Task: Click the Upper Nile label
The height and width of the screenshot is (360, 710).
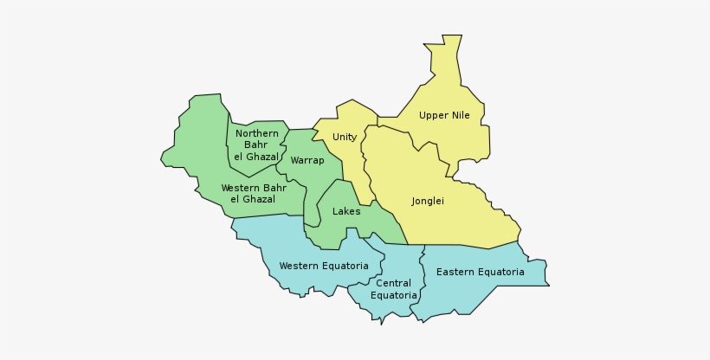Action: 444,115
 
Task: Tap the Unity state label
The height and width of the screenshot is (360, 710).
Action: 345,137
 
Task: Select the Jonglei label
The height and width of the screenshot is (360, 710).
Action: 428,201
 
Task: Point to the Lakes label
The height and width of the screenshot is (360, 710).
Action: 346,211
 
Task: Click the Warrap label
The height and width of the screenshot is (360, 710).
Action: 307,160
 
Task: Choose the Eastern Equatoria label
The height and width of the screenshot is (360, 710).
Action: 480,272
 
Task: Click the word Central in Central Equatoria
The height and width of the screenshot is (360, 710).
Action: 394,283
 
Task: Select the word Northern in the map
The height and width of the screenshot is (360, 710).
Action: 257,133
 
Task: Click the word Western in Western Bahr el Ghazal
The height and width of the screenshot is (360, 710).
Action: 241,188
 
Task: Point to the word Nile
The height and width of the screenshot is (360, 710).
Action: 459,115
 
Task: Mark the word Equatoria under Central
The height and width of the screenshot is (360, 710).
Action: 394,295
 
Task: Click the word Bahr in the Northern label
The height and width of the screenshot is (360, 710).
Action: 257,145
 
